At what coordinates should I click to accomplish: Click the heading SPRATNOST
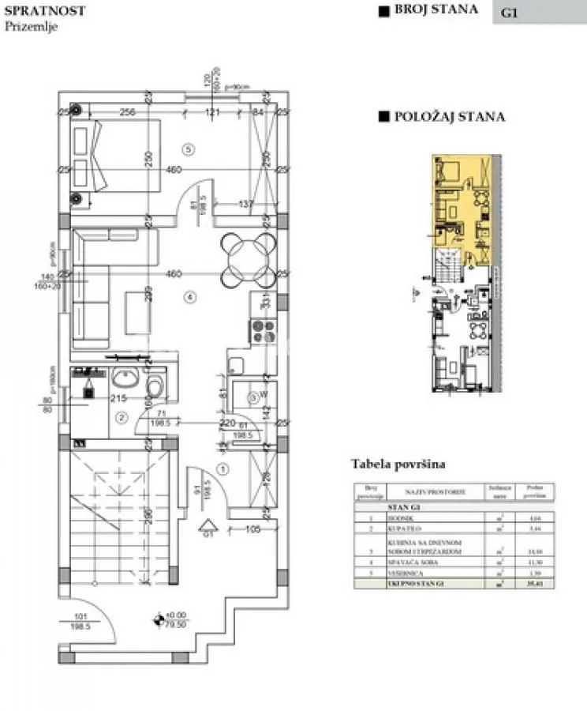click(45, 11)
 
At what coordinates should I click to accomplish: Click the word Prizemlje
click(31, 26)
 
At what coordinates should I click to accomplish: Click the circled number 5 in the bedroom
click(188, 149)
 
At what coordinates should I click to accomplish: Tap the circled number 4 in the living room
click(188, 298)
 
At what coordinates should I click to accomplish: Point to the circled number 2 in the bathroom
click(121, 417)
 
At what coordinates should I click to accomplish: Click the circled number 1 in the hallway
click(222, 469)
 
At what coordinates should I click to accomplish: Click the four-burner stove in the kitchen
click(261, 329)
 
